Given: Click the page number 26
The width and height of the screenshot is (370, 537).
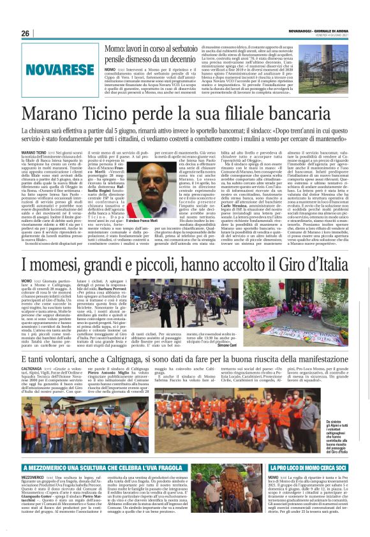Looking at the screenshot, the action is click(25, 34).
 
